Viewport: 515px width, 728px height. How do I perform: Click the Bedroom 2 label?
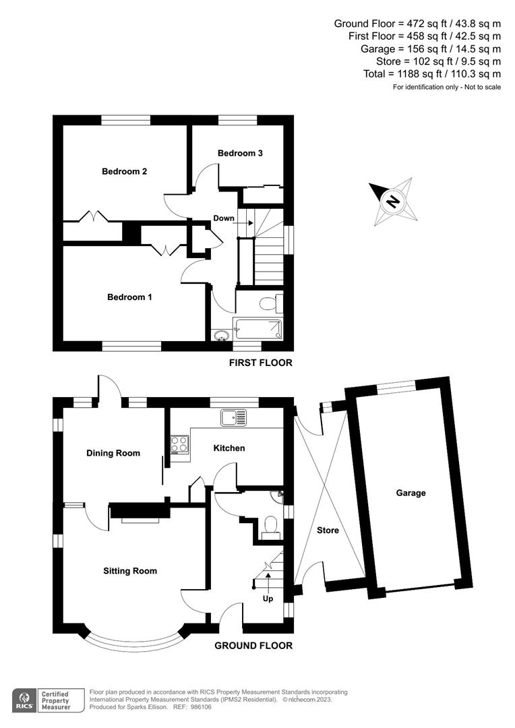coord(124,171)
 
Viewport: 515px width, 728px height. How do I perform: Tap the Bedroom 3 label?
coord(240,153)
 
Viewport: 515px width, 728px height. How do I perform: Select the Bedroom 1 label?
coord(129,297)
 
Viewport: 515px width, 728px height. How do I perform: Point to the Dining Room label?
coord(113,453)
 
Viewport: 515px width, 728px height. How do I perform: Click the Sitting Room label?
coord(130,571)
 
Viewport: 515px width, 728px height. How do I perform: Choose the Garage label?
coord(411,493)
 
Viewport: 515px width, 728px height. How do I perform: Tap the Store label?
coord(328,530)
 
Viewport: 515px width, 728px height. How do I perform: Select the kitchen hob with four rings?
coord(179,444)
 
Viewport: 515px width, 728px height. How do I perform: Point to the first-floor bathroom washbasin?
coord(221,334)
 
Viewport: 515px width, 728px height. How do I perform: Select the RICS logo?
coord(26,699)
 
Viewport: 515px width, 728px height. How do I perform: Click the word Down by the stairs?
coord(224,218)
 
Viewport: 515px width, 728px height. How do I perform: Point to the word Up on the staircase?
coord(268,597)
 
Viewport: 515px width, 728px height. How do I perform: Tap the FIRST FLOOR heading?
coord(261,363)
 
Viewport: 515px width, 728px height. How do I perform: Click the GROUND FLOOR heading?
coord(253,646)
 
